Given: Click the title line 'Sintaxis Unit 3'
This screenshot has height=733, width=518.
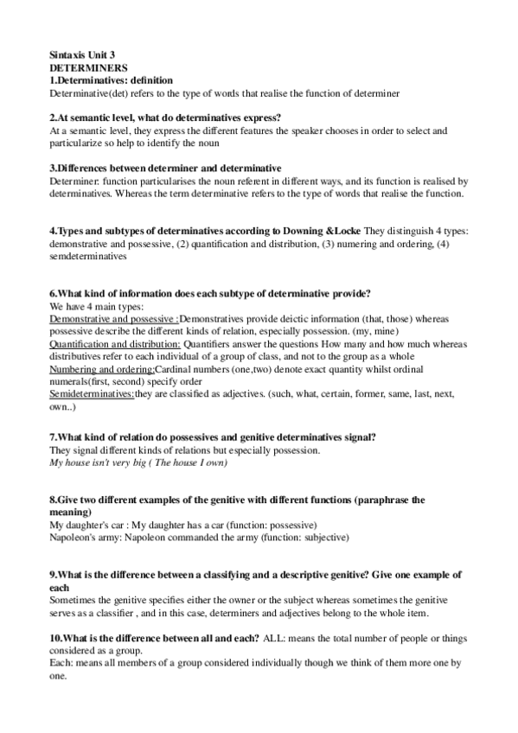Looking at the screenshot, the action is tap(82, 54).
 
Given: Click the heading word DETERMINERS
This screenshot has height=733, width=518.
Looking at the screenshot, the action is tap(89, 67).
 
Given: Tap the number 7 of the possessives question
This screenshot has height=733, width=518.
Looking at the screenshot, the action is tap(53, 438).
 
